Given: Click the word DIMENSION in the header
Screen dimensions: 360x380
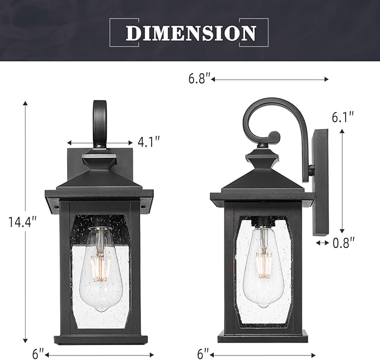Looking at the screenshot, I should coord(191,32).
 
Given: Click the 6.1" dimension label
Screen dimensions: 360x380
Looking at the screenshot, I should coord(343,118).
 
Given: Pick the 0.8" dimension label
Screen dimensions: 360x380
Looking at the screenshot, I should coord(343,243).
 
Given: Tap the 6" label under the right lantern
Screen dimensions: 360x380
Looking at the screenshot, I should coord(203,354).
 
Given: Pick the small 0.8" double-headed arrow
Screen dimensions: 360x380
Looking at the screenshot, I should coord(323,243).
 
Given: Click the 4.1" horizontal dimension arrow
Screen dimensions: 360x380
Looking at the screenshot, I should coord(101,143).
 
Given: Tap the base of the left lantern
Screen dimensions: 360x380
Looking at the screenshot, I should coord(101,339).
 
